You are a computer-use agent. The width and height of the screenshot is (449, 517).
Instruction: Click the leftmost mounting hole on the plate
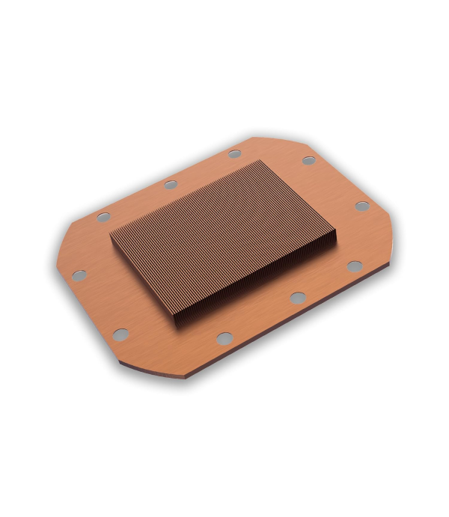tap(79, 275)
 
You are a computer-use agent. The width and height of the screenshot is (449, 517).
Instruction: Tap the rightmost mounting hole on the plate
tap(361, 206)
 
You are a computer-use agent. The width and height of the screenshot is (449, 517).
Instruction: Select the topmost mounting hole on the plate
tap(235, 154)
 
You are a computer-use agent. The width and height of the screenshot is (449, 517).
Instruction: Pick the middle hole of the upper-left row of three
tap(171, 184)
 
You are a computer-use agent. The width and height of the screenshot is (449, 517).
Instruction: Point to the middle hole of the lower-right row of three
tap(297, 297)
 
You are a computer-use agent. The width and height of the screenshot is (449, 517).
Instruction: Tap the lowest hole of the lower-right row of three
tap(224, 338)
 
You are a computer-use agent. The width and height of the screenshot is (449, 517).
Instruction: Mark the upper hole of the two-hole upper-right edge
tap(308, 160)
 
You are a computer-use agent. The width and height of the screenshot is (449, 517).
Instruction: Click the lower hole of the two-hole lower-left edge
tap(120, 334)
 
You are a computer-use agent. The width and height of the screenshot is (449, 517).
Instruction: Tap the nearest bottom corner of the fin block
tap(180, 328)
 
